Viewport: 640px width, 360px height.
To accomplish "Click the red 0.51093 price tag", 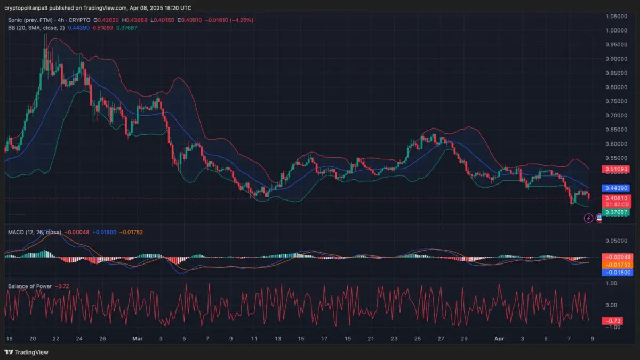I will click(x=617, y=170).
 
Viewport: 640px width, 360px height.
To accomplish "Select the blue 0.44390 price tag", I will click(x=617, y=188).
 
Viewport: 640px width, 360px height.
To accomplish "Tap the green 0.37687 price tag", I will click(x=617, y=212).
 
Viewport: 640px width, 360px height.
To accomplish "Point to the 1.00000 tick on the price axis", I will click(x=617, y=30).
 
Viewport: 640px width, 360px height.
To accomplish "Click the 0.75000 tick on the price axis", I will click(x=617, y=101).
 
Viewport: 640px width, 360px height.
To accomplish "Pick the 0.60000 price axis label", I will click(x=617, y=144).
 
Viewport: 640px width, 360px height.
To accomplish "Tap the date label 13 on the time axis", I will click(x=277, y=338).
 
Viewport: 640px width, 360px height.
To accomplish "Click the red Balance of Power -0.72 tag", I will click(x=611, y=321).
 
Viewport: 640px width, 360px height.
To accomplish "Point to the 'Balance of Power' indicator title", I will click(x=30, y=286).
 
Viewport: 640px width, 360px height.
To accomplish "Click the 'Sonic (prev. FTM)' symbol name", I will click(x=34, y=20).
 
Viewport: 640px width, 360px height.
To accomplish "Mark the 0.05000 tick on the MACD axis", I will click(x=617, y=241).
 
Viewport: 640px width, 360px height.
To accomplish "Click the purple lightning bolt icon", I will click(x=589, y=218).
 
